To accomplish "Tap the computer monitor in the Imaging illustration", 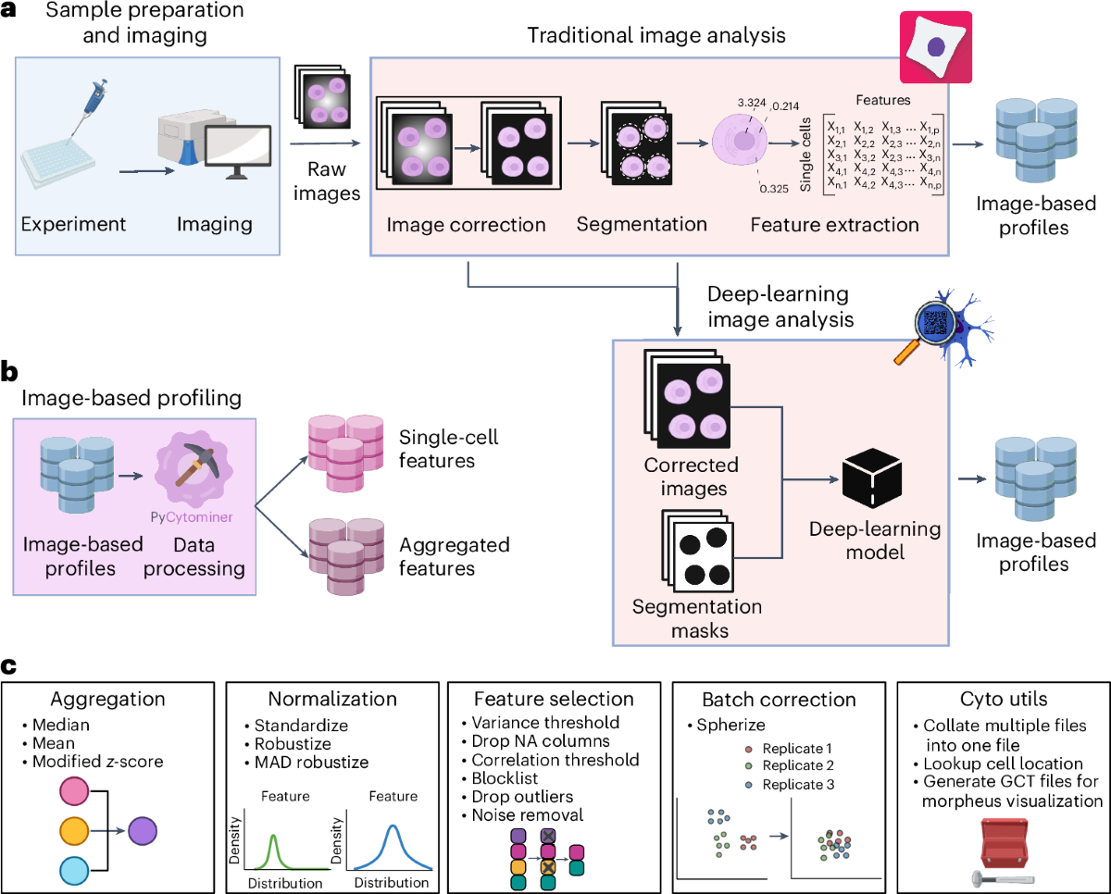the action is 238,152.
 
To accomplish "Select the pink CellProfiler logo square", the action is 936,47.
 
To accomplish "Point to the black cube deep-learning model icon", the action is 872,478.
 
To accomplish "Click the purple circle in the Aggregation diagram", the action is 143,831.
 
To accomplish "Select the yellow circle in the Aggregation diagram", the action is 74,831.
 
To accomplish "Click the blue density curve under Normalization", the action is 393,848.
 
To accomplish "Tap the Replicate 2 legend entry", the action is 790,765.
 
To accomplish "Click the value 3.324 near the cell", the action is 752,103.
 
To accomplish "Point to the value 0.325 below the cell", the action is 774,189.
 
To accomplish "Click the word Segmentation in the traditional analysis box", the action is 642,225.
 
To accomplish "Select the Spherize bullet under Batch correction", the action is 726,726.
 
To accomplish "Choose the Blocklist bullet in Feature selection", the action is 500,778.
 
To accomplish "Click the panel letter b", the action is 9,371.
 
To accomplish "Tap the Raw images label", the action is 327,181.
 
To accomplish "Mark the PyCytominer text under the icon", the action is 192,517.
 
